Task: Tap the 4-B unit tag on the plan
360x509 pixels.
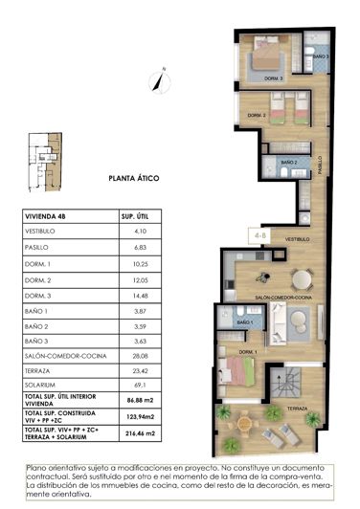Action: pos(259,232)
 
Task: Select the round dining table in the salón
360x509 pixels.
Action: pos(302,279)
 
